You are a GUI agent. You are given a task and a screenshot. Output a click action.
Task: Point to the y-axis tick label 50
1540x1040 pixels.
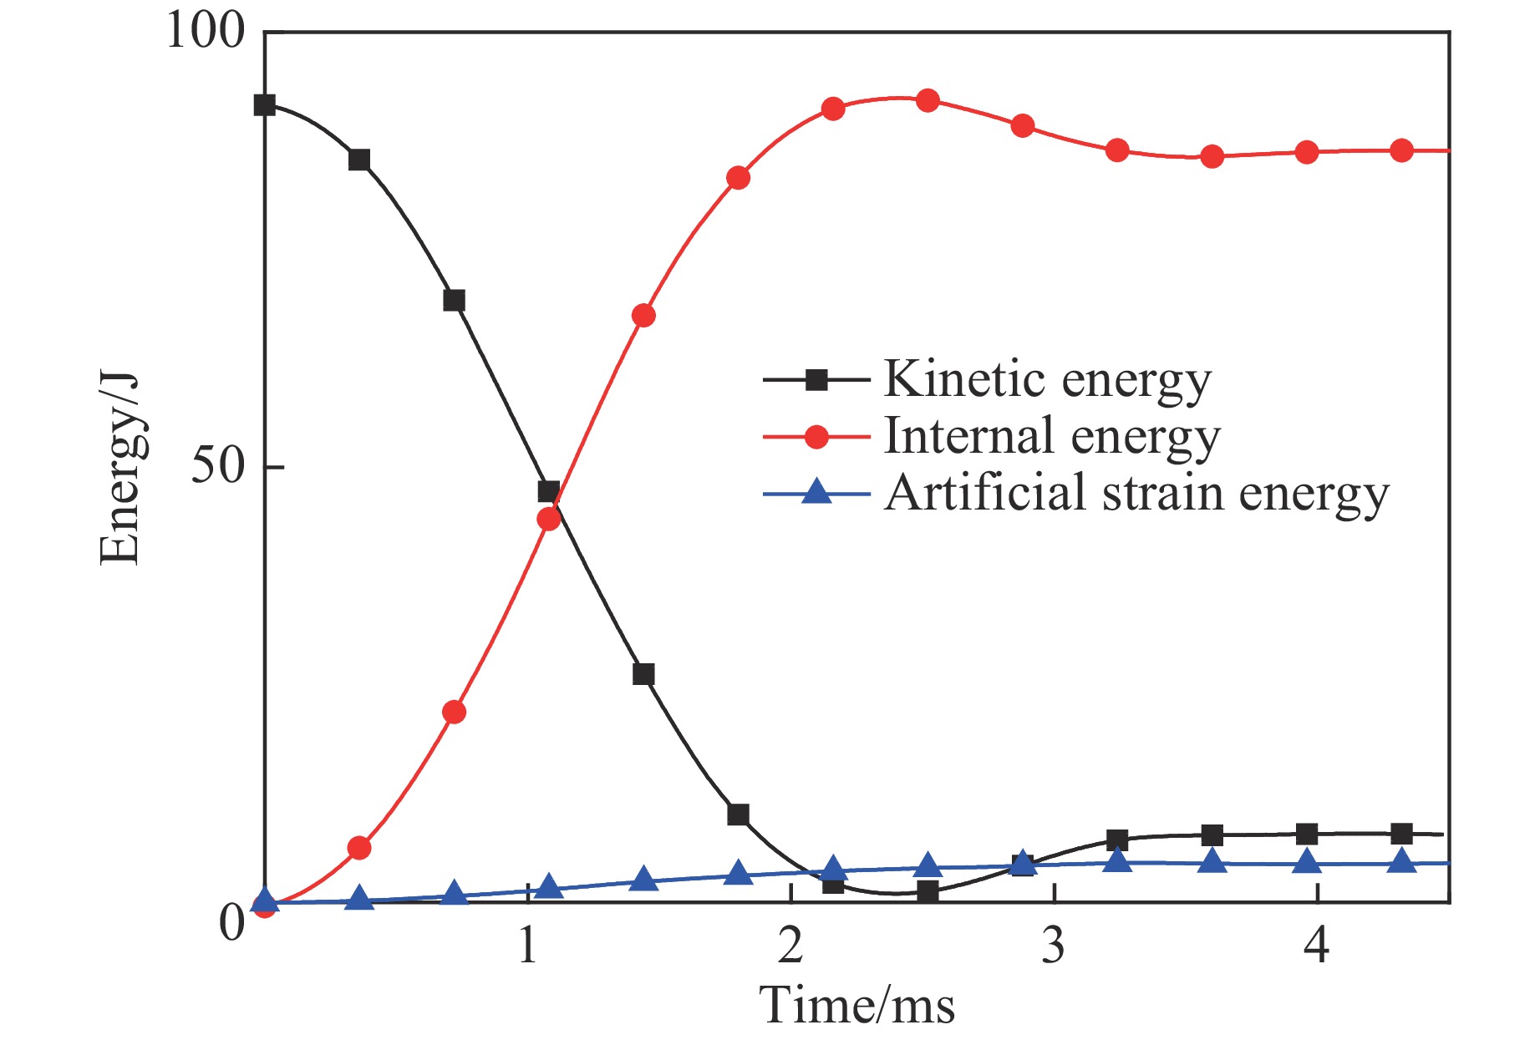220,465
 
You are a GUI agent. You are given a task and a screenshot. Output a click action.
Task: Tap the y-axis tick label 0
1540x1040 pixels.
231,924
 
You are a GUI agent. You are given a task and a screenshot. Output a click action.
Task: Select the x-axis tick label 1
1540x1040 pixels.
527,946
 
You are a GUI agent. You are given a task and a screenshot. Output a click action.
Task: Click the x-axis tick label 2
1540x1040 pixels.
790,946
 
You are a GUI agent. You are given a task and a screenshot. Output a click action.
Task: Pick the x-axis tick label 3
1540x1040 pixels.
1054,946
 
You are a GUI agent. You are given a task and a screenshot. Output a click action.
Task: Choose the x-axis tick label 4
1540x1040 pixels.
1317,946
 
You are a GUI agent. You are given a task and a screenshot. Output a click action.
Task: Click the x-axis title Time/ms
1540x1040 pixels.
857,1004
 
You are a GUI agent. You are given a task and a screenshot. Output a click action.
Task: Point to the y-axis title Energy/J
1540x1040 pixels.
119,468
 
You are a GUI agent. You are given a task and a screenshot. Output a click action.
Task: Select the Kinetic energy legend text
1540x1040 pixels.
1047,380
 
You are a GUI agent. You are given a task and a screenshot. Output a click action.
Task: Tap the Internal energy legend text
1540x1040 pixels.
1052,436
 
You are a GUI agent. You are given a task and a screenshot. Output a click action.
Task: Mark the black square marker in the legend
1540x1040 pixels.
816,380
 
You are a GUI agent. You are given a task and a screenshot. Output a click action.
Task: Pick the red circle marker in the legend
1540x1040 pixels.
816,436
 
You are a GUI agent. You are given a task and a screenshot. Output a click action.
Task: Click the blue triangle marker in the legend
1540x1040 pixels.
816,492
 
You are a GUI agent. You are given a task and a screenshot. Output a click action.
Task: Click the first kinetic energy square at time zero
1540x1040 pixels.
265,105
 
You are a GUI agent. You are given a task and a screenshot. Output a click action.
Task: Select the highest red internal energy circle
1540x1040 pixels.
928,101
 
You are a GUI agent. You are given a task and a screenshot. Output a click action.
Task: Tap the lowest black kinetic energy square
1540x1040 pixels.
928,891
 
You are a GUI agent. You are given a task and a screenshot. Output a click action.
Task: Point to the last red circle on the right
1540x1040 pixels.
1402,150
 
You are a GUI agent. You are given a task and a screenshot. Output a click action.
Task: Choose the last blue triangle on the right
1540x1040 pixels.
1402,861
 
